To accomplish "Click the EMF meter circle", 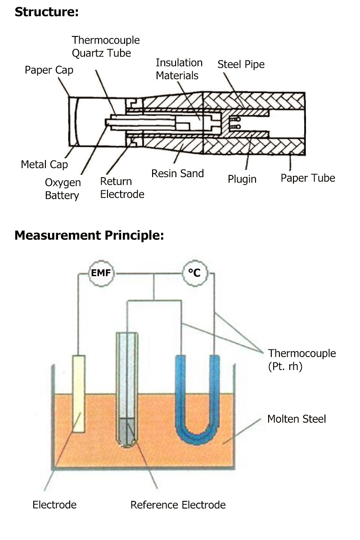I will click(x=100, y=273).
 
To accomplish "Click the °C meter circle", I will click(x=194, y=273).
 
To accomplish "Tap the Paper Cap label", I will click(x=49, y=70).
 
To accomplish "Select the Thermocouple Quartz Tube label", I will click(x=106, y=47).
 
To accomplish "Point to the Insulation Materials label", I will click(x=179, y=69).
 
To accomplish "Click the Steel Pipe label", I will click(x=241, y=64).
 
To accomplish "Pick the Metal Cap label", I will click(x=44, y=165).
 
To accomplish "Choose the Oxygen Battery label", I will click(x=63, y=189).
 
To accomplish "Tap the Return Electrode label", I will click(x=122, y=188).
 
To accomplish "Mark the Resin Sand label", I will click(x=177, y=173).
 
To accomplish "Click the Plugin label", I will click(x=242, y=179).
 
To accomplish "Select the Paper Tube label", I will click(x=308, y=178).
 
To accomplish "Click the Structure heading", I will click(x=46, y=12).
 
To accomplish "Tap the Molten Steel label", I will click(x=297, y=419).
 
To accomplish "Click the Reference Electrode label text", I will click(x=178, y=504).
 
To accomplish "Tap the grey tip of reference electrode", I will click(x=127, y=432).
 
